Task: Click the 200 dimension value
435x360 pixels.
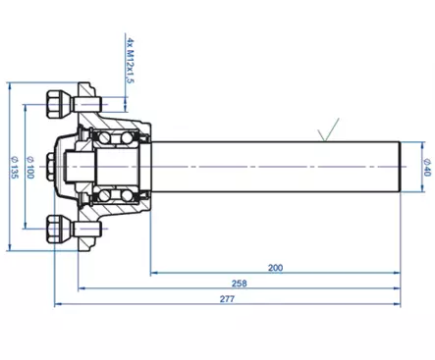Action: (275, 268)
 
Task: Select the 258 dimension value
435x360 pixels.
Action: (240, 283)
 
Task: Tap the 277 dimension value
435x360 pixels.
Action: (227, 299)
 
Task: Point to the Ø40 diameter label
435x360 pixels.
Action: (427, 167)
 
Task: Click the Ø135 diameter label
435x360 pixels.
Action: (15, 167)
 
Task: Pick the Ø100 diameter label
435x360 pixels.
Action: (29, 167)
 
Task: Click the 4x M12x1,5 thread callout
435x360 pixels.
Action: (130, 60)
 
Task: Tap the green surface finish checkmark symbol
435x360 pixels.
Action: (328, 129)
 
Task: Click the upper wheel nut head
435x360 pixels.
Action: (54, 104)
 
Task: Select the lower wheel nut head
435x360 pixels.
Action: (54, 229)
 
